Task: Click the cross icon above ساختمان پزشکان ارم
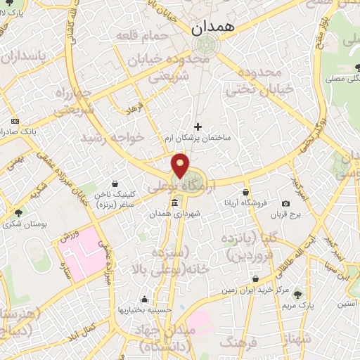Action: tap(198, 127)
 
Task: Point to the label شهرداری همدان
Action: tap(179, 212)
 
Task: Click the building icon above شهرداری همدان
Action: tap(175, 202)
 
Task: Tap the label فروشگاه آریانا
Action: tap(245, 202)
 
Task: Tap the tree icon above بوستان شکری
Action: tap(18, 212)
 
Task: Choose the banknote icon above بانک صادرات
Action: tap(15, 121)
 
